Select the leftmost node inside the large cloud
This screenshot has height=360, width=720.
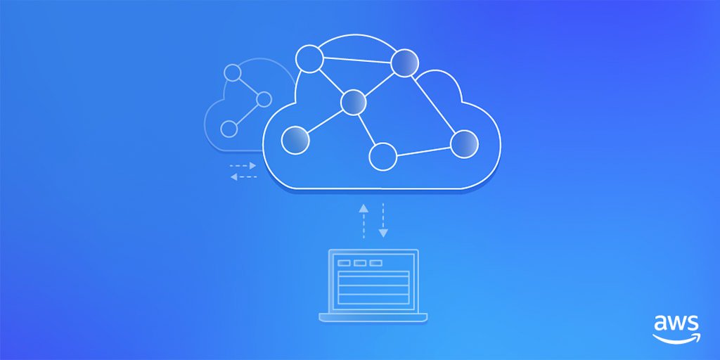pos(295,139)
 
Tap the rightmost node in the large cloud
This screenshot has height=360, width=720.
pos(464,144)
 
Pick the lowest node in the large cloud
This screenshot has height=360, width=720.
pos(383,156)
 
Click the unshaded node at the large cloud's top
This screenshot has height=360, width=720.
pos(309,59)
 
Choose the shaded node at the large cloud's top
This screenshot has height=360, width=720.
pos(405,63)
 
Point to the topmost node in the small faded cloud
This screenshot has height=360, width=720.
pos(232,72)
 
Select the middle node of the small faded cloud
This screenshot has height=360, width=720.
pos(264,100)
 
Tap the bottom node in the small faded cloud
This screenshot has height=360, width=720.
pos(229,129)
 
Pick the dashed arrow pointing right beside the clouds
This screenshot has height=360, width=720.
pos(243,166)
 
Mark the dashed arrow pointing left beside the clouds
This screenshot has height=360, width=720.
pos(243,176)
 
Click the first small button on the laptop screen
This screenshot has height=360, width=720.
pos(344,263)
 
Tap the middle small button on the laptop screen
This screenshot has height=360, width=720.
pos(360,263)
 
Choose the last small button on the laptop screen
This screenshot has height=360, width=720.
pos(376,263)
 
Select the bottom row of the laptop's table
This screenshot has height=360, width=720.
pos(373,299)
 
